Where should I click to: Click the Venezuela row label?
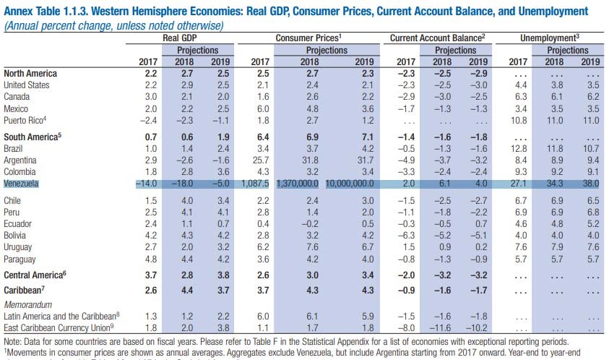pos(22,184)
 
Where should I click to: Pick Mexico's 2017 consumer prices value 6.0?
pos(261,108)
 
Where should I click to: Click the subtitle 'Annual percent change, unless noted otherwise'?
pos(113,25)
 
